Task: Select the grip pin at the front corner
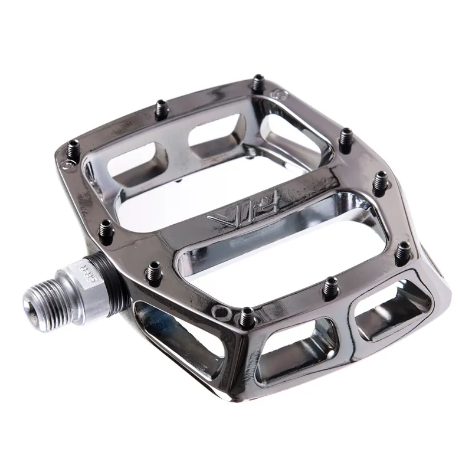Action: (247, 314)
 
